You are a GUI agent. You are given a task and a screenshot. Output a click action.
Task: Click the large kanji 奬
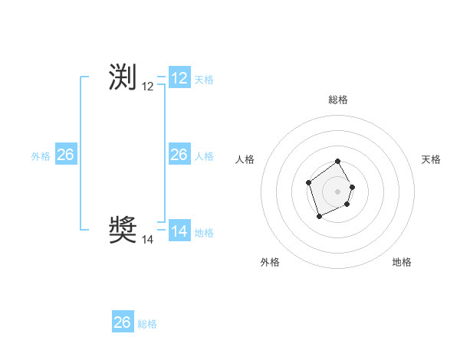(x=123, y=229)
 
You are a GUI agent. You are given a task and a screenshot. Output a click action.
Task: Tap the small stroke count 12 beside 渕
(x=148, y=87)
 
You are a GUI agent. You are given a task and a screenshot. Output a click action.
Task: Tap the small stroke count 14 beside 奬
(x=148, y=240)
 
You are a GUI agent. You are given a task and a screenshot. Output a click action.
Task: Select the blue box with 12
(x=179, y=78)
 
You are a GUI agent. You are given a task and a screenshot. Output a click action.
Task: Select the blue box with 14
(x=179, y=231)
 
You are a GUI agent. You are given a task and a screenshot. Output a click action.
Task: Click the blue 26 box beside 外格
(x=65, y=155)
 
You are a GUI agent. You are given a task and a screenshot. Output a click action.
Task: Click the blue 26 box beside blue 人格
(x=179, y=155)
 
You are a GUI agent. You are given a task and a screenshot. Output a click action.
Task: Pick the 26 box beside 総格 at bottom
(x=123, y=322)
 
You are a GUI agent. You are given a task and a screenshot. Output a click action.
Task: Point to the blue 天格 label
(x=204, y=80)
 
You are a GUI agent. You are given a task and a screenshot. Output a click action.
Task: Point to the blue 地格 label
(x=204, y=233)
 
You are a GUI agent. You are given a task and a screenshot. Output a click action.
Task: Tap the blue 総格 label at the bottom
(x=147, y=324)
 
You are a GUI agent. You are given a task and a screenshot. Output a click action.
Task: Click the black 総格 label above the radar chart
(x=338, y=100)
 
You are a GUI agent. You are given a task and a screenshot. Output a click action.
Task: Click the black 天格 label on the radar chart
(x=432, y=159)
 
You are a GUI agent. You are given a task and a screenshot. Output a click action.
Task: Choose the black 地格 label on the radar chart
(x=402, y=262)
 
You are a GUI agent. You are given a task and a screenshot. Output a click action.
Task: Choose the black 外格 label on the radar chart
(x=270, y=262)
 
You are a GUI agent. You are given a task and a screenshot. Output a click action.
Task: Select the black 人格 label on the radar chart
(x=245, y=159)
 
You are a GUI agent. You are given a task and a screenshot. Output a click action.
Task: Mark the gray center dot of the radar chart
(x=338, y=191)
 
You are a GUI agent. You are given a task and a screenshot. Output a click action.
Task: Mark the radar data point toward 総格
(x=338, y=162)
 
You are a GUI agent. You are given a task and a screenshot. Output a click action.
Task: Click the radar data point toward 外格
(x=320, y=216)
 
